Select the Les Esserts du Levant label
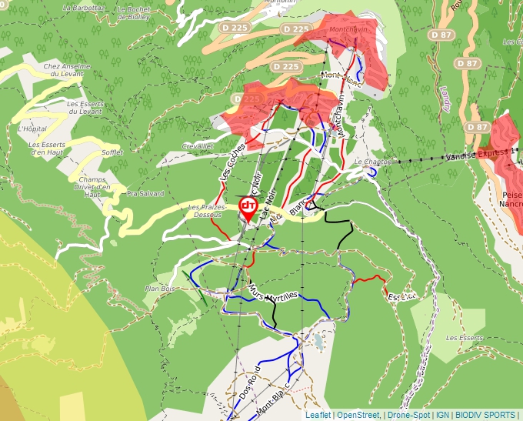click(85, 107)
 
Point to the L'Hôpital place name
click(32, 129)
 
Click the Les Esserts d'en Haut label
click(48, 148)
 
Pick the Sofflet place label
click(112, 152)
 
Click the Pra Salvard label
click(145, 193)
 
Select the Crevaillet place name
click(197, 145)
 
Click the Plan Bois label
click(161, 289)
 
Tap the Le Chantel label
click(373, 162)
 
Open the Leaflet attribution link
click(318, 415)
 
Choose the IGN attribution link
click(442, 415)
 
